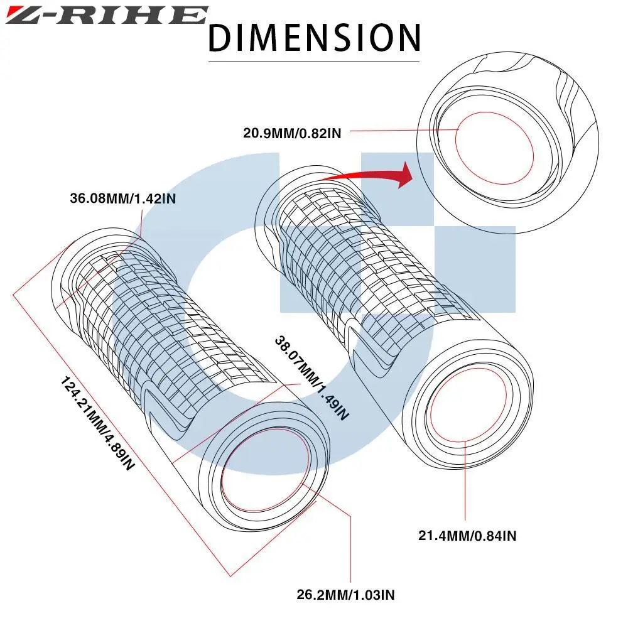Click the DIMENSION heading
(x=314, y=37)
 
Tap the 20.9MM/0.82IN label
(x=292, y=133)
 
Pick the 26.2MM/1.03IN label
(x=346, y=594)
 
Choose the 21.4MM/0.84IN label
(x=468, y=536)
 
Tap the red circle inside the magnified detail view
(x=494, y=151)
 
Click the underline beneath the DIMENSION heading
(x=314, y=62)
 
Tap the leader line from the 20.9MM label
(x=402, y=131)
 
